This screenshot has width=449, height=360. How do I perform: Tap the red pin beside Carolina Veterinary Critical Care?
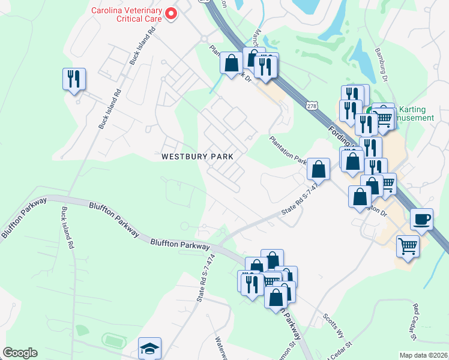point(171,13)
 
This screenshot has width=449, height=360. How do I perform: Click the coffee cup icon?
point(421,219)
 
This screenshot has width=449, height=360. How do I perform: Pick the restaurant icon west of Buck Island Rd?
point(74,79)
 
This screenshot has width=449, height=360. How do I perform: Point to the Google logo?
point(20,353)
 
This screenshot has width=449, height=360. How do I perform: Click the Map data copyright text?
point(423,355)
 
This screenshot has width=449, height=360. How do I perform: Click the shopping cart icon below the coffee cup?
point(408,245)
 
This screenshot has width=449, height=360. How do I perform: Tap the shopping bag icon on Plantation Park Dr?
point(318,170)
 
